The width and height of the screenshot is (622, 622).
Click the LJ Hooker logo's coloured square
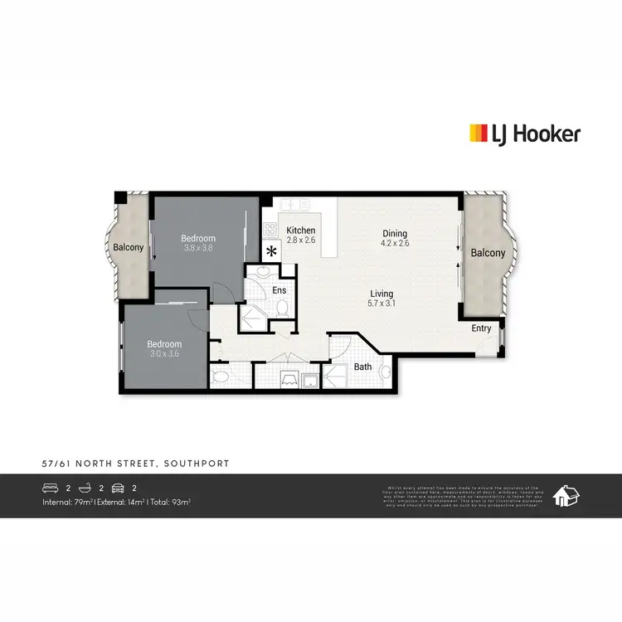[479, 134]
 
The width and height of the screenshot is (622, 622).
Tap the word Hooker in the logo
[548, 134]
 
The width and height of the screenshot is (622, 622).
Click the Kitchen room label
[300, 231]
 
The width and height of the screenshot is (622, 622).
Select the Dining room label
[394, 234]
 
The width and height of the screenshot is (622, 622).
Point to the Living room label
[381, 294]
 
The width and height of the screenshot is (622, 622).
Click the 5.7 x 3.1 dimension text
[381, 304]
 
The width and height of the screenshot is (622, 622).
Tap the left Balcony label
[129, 247]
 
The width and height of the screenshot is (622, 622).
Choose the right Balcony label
[487, 253]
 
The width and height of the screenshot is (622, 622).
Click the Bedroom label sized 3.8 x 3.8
[198, 239]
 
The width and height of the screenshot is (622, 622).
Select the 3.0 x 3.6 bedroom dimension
[163, 354]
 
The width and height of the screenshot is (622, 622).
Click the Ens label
[279, 290]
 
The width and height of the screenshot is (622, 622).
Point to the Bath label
[362, 366]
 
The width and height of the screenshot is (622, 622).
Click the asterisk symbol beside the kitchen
[271, 251]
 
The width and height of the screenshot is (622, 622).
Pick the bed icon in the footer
[52, 488]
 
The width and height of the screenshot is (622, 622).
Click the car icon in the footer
[117, 488]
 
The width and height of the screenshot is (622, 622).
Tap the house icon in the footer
[568, 496]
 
